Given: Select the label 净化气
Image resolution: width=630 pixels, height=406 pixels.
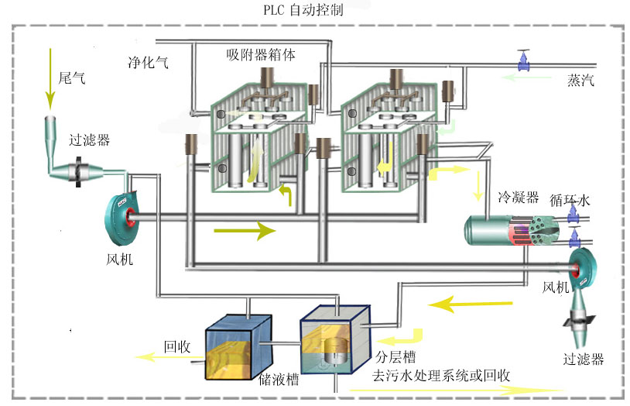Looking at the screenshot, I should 148,63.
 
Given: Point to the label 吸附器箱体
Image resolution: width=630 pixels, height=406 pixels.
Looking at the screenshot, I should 261,54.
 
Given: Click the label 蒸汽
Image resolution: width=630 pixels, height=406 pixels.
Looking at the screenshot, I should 580,81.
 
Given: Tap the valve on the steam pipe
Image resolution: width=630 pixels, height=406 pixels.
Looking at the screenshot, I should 525,61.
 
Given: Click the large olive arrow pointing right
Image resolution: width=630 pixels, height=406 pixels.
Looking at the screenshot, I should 245,230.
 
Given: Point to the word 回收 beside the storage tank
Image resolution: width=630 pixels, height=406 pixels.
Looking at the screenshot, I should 176,346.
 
